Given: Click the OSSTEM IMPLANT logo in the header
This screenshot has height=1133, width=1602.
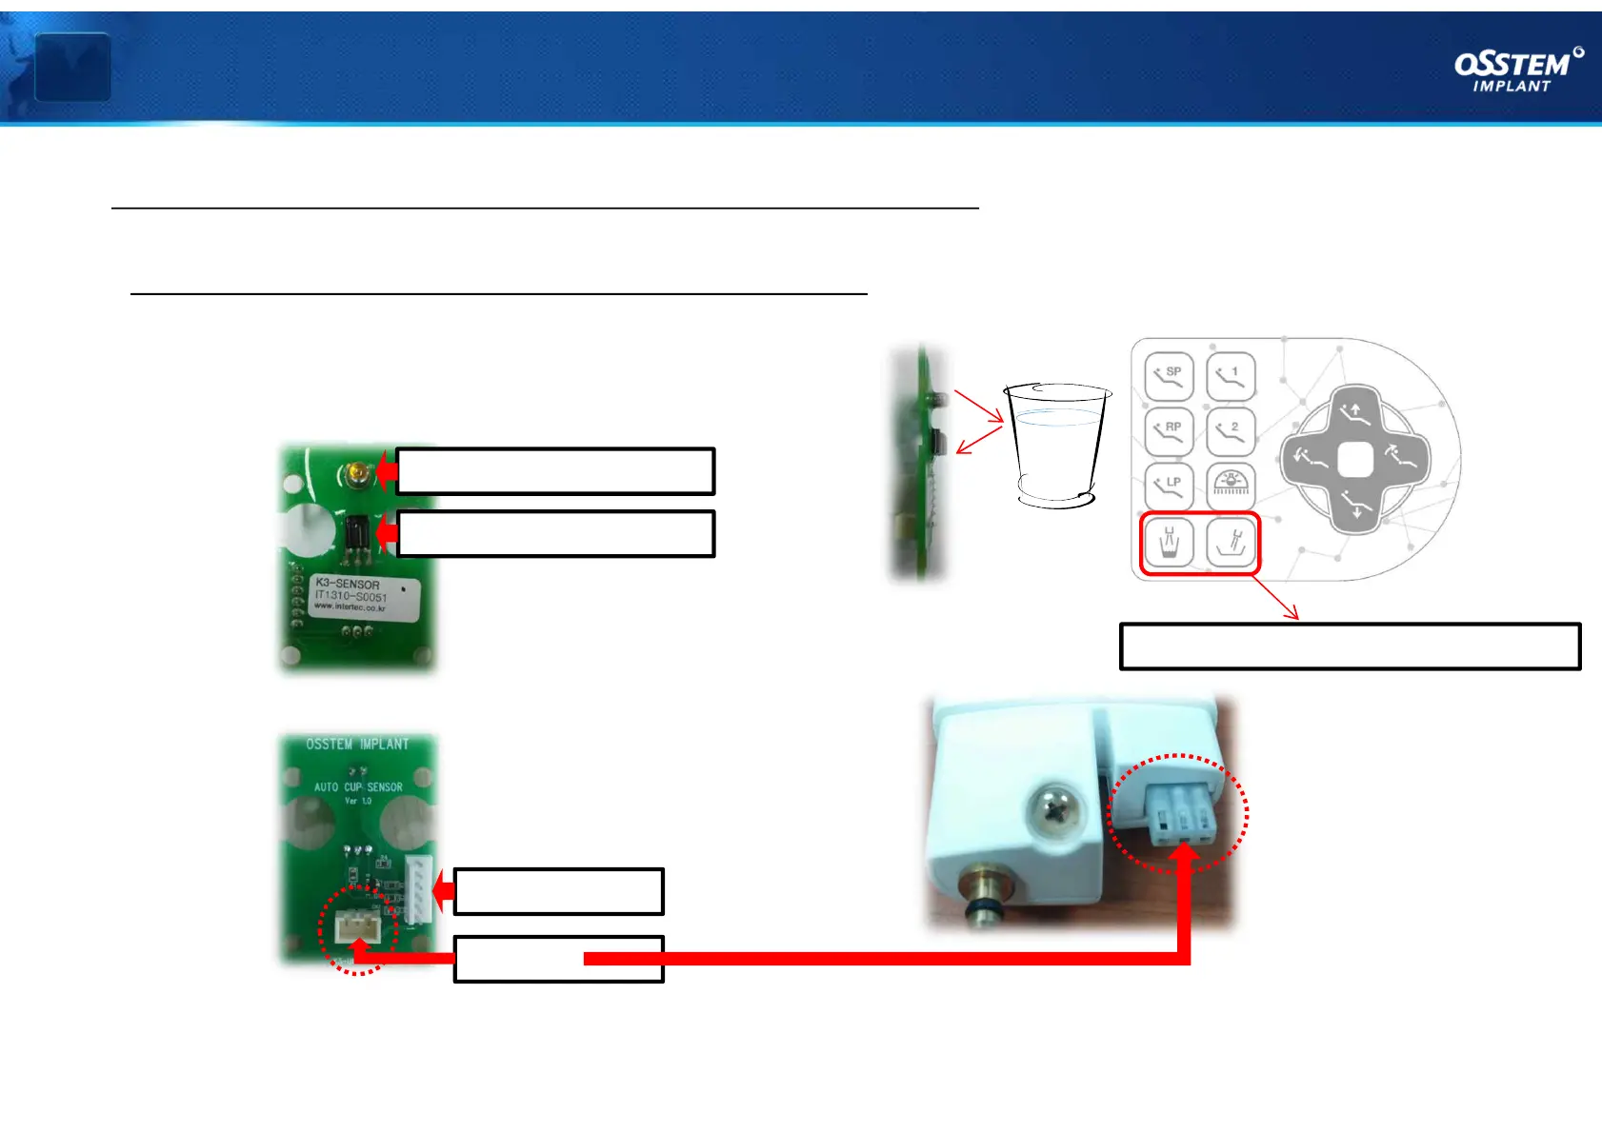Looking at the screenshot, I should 1518,70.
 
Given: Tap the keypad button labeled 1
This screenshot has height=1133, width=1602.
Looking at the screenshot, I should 1231,376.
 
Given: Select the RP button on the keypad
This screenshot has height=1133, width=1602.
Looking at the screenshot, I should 1169,431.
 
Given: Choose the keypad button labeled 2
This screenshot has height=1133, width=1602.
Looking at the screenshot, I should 1231,431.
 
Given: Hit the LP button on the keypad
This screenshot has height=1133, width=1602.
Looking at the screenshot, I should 1169,487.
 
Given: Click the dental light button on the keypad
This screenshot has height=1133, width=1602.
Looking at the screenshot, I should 1231,487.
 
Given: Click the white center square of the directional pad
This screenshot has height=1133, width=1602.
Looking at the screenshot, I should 1354,461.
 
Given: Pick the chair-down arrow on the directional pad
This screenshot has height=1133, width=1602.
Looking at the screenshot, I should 1355,505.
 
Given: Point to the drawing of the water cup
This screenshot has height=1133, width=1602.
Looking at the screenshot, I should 1057,444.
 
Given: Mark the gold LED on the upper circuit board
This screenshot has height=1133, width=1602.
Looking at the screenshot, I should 357,471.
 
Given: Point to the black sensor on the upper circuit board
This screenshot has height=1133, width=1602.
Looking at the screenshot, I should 357,532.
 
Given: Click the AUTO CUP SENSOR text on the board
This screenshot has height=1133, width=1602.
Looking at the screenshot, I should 358,787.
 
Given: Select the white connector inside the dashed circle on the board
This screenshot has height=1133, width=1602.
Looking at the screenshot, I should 358,925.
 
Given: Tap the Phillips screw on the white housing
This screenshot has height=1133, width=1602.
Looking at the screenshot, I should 1056,811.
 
